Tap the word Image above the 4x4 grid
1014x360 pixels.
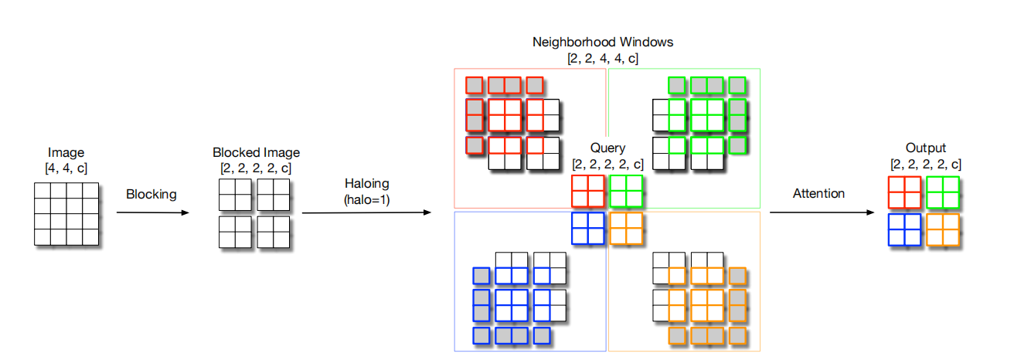coord(66,153)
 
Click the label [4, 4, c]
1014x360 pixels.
coord(66,167)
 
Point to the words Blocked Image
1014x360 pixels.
coord(256,153)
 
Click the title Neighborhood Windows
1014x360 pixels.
coord(603,42)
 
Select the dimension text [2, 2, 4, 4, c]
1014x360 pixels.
coord(603,58)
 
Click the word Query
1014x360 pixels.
coord(607,148)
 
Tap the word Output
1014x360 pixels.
coord(925,148)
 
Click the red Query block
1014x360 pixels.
coord(588,192)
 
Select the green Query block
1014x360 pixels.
coord(626,192)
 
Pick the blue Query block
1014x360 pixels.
coord(588,229)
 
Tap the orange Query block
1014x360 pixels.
coord(626,229)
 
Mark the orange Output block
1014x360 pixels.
coord(943,230)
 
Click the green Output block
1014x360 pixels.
coord(943,193)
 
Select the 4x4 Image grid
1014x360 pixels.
coord(66,214)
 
